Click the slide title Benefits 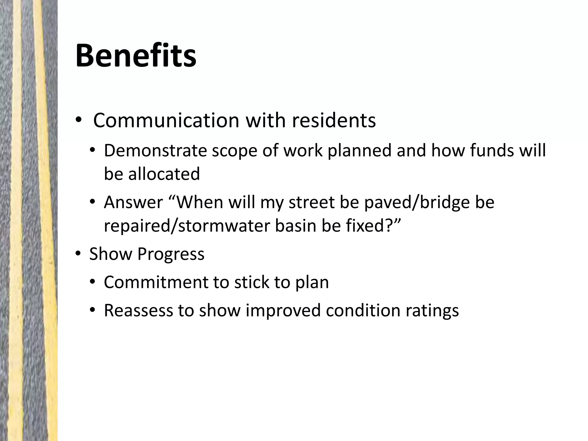(136, 55)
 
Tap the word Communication (166, 120)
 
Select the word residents (334, 120)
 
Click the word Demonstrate (155, 150)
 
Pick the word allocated (164, 174)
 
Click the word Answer (134, 202)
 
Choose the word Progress (171, 254)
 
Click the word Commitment (156, 282)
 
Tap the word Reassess (138, 310)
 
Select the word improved (283, 310)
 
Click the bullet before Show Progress (78, 254)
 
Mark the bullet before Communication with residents (78, 121)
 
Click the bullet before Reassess (92, 310)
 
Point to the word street (312, 202)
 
